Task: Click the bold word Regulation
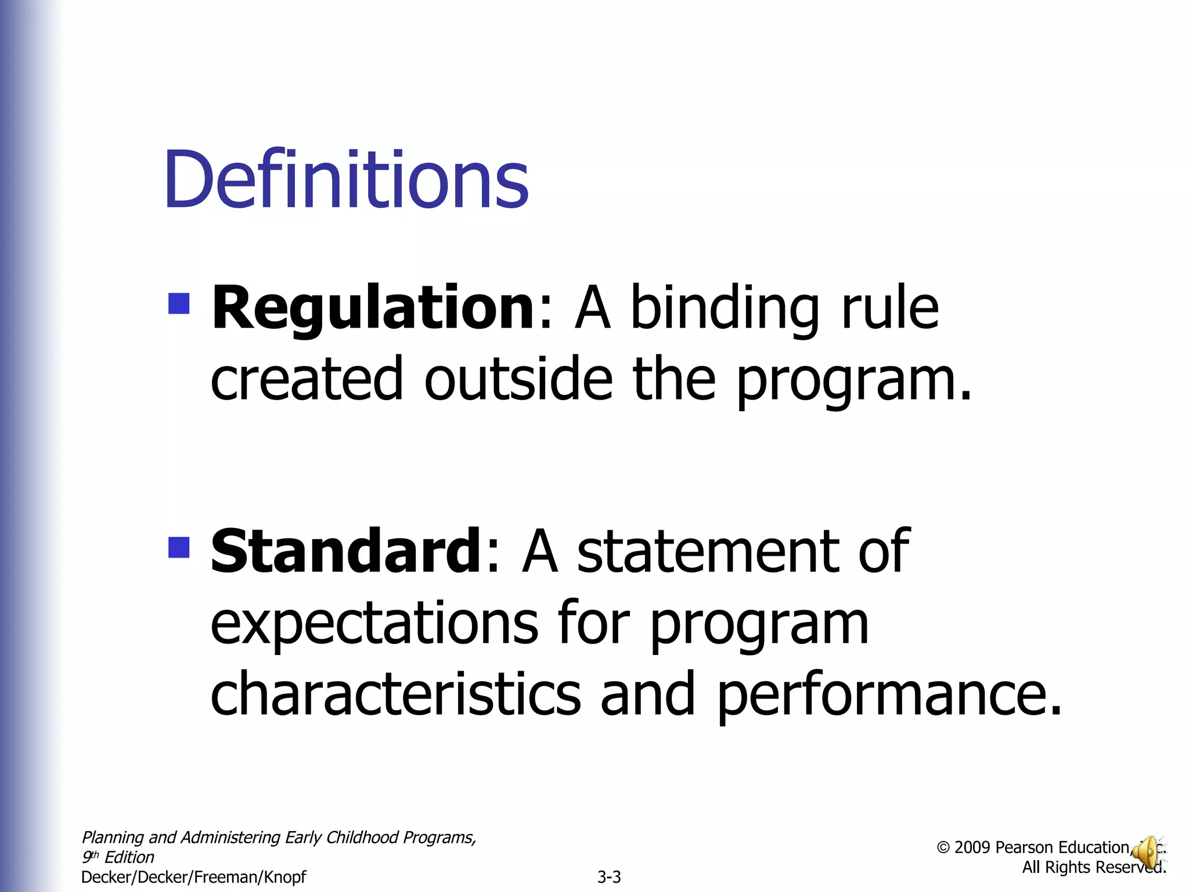click(x=372, y=308)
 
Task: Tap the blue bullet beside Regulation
click(x=179, y=303)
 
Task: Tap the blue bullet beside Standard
click(x=179, y=546)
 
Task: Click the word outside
click(x=518, y=379)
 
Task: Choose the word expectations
click(x=374, y=623)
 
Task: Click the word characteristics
click(x=395, y=693)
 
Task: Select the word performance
click(x=889, y=693)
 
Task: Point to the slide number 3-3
click(x=609, y=877)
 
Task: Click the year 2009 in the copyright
click(x=972, y=847)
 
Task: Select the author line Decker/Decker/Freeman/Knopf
click(x=193, y=877)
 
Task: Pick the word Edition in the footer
click(x=129, y=857)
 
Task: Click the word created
click(x=307, y=379)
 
